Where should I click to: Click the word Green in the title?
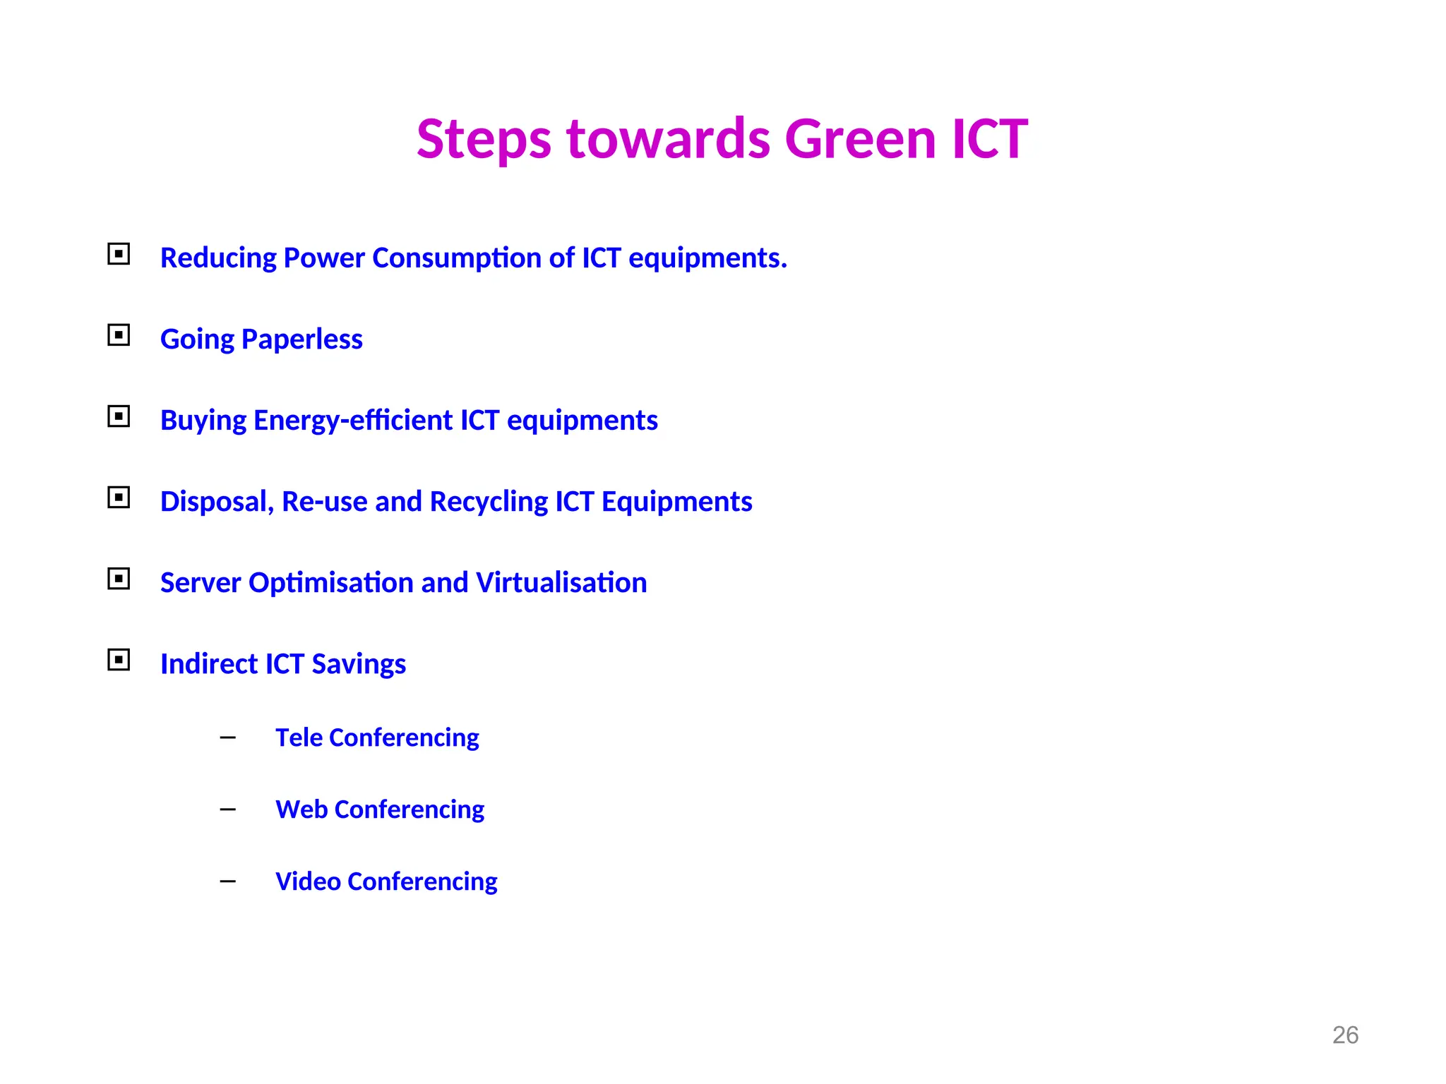pyautogui.click(x=860, y=139)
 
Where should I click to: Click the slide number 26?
pyautogui.click(x=1345, y=1035)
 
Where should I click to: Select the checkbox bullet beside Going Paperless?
pyautogui.click(x=119, y=335)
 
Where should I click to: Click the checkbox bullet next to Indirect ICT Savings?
pyautogui.click(x=119, y=660)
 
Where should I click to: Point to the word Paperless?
pyautogui.click(x=302, y=339)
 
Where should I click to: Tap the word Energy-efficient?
pyautogui.click(x=353, y=421)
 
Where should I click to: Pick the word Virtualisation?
pyautogui.click(x=561, y=583)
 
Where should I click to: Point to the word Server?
pyautogui.click(x=201, y=583)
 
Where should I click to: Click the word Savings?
pyautogui.click(x=359, y=664)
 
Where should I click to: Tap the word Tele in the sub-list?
pyautogui.click(x=299, y=737)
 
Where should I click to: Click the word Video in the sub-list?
pyautogui.click(x=308, y=881)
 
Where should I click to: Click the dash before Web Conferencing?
pyautogui.click(x=227, y=809)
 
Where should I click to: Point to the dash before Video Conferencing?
pyautogui.click(x=227, y=881)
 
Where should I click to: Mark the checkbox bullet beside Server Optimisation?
pyautogui.click(x=119, y=579)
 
